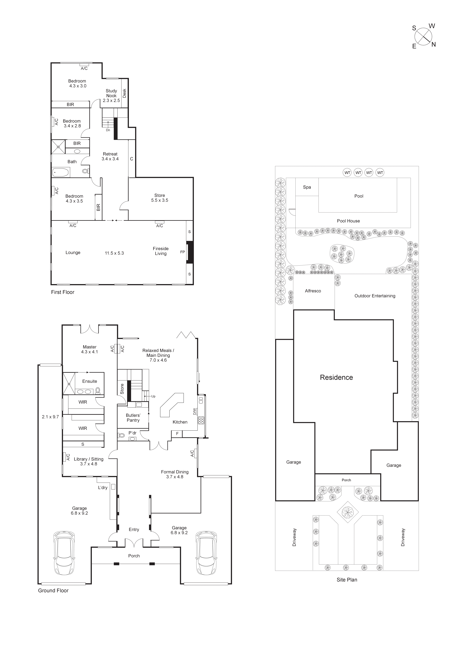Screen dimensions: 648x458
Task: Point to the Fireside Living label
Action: tap(161, 251)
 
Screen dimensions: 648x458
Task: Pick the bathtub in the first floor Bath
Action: tap(61, 172)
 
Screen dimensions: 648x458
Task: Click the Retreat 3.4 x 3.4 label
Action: tap(110, 156)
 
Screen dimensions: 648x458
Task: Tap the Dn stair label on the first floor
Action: tap(108, 130)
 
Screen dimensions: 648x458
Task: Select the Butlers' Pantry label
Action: tap(133, 418)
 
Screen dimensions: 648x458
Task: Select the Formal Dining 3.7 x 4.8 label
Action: tap(175, 474)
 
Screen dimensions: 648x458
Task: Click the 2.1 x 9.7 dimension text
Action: tap(50, 417)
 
